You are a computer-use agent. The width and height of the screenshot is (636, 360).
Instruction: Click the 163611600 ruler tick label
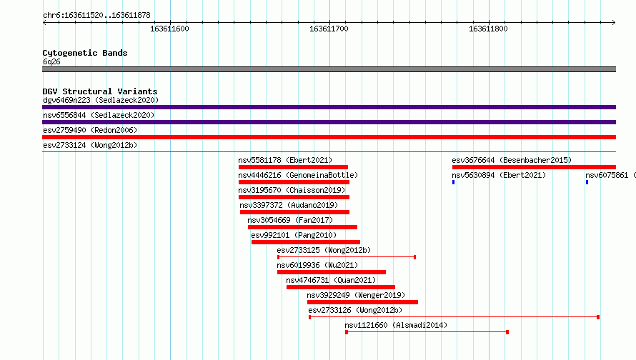pyautogui.click(x=169, y=29)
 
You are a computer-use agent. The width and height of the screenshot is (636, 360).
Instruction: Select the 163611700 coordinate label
pyautogui.click(x=329, y=29)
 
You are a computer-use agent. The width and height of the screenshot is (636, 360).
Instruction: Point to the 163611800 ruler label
pyautogui.click(x=488, y=29)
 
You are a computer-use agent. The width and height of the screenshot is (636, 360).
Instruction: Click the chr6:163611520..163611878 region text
pyautogui.click(x=96, y=16)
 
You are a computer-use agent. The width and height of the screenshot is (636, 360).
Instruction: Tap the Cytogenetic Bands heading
pyautogui.click(x=85, y=53)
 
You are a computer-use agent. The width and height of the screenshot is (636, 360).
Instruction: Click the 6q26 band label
pyautogui.click(x=51, y=61)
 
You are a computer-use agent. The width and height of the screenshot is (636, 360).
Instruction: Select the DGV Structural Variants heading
pyautogui.click(x=100, y=91)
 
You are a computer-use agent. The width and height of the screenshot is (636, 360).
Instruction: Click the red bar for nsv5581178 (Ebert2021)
pyautogui.click(x=293, y=167)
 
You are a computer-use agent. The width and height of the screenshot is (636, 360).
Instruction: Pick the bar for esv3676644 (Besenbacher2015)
pyautogui.click(x=535, y=167)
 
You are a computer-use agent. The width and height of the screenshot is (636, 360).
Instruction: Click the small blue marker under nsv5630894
pyautogui.click(x=454, y=182)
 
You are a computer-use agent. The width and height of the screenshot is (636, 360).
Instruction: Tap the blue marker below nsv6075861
pyautogui.click(x=587, y=182)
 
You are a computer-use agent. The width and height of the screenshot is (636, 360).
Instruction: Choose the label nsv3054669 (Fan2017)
pyautogui.click(x=290, y=220)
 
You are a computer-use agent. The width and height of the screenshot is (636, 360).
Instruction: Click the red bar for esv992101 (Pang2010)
pyautogui.click(x=306, y=242)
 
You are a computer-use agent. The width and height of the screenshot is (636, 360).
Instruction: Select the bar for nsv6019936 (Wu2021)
pyautogui.click(x=332, y=272)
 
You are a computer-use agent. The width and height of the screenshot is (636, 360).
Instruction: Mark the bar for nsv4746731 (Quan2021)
pyautogui.click(x=341, y=287)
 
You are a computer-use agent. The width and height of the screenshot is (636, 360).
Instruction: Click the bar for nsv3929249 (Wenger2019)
pyautogui.click(x=362, y=302)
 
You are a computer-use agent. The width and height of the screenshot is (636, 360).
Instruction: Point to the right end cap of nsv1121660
pyautogui.click(x=507, y=332)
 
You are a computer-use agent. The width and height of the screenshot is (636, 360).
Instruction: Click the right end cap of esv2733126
pyautogui.click(x=598, y=317)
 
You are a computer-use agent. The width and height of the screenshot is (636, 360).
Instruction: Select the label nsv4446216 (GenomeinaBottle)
pyautogui.click(x=298, y=175)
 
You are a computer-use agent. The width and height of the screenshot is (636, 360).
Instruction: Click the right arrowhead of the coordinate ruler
pyautogui.click(x=614, y=22)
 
